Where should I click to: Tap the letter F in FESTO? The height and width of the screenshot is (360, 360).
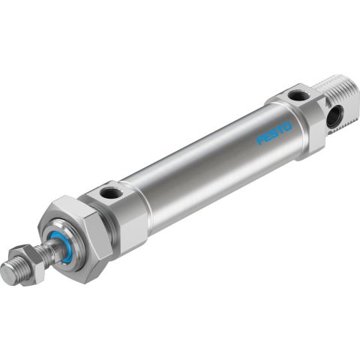(260, 140)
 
